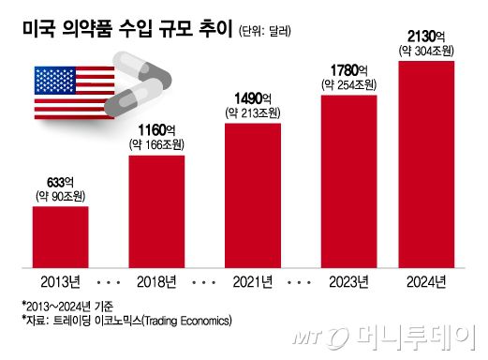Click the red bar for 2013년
click(x=61, y=234)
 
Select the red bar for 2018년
click(x=156, y=210)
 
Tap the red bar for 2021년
click(x=253, y=193)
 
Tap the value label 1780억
click(x=348, y=70)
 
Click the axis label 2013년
click(x=61, y=280)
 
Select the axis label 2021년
click(x=253, y=280)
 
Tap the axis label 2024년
click(x=427, y=280)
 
